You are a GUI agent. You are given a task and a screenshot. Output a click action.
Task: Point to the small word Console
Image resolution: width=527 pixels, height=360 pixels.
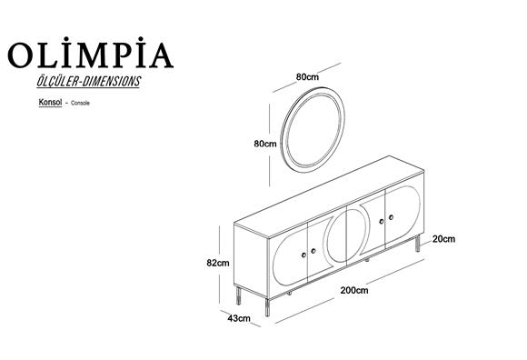(x=77, y=105)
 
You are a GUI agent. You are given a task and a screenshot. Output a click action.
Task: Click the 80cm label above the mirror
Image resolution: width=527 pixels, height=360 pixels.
(x=308, y=77)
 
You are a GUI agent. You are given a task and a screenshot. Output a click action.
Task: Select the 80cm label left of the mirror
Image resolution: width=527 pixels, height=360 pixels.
(x=264, y=144)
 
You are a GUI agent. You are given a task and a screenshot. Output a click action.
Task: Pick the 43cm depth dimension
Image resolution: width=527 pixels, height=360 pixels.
(x=237, y=318)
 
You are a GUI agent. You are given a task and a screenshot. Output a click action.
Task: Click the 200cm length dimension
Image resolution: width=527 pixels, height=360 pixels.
(x=353, y=291)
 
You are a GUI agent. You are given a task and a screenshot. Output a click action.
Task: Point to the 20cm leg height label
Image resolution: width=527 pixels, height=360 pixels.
(x=443, y=239)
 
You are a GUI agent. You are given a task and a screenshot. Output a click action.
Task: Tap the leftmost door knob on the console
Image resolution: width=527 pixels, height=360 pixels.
(x=313, y=249)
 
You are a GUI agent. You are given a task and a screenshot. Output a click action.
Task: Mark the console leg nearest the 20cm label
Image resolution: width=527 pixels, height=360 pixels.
(x=417, y=243)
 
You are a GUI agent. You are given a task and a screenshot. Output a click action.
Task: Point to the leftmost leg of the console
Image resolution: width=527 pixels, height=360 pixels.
(x=241, y=297)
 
